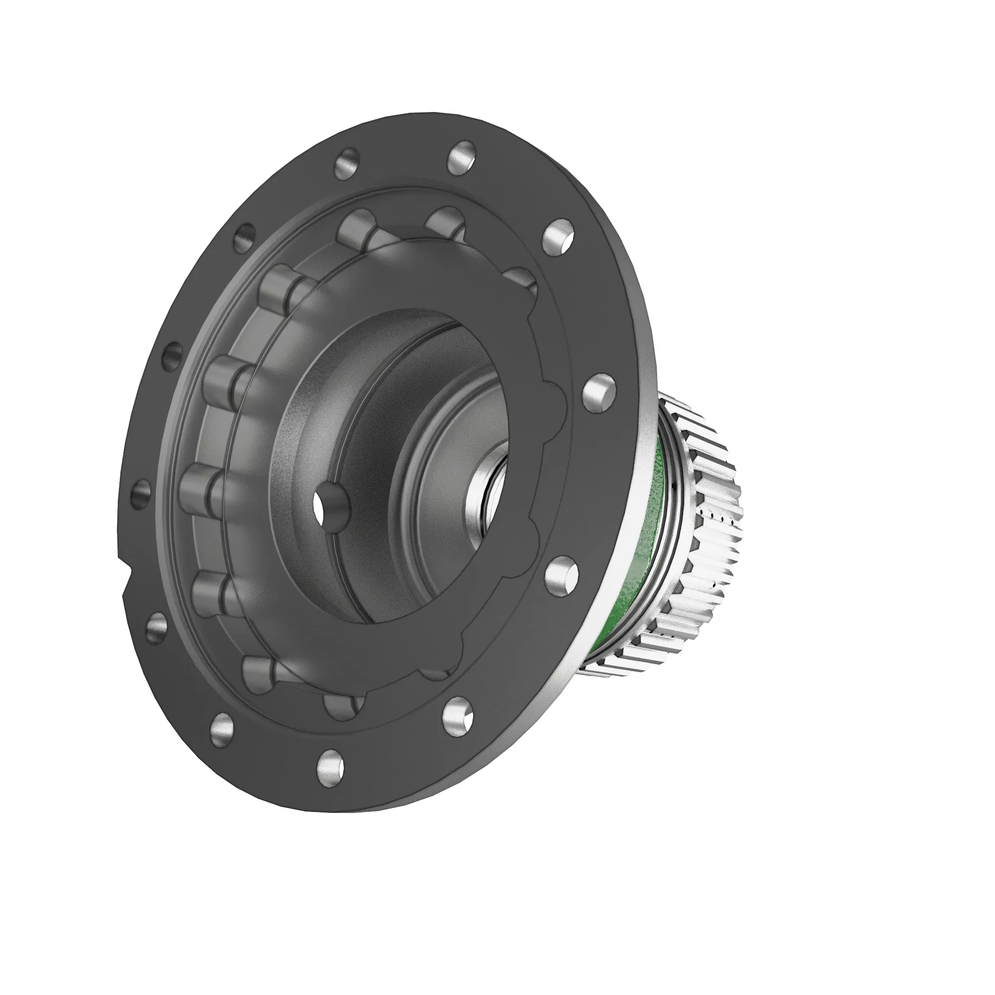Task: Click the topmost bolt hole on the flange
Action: pos(462,157)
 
